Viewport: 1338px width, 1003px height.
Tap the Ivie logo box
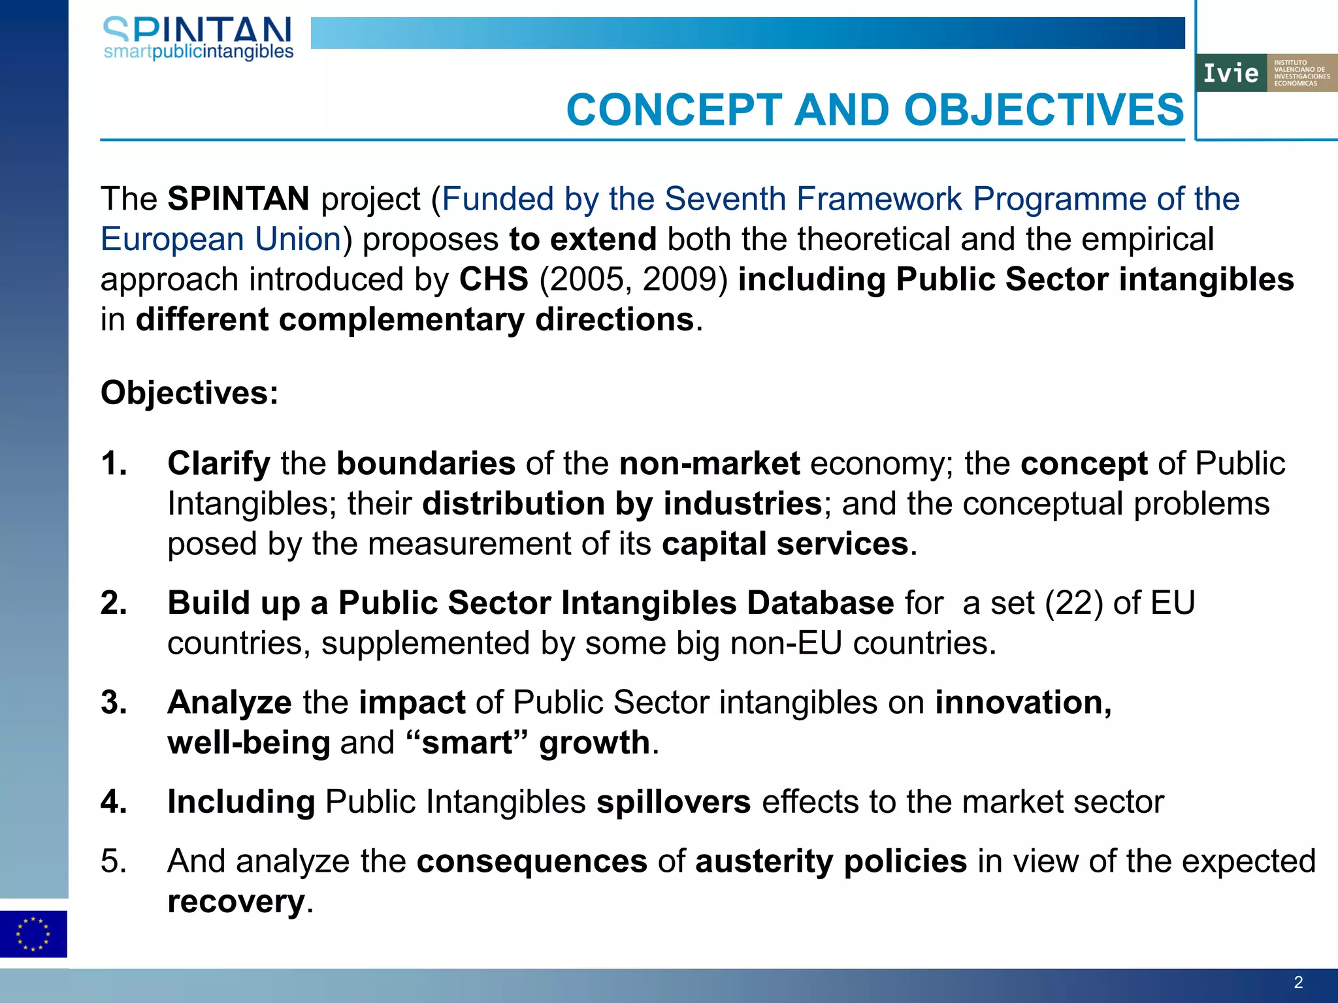pyautogui.click(x=1265, y=73)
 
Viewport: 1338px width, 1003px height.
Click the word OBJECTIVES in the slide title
pyautogui.click(x=1043, y=110)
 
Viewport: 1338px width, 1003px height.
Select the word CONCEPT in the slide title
pyautogui.click(x=674, y=110)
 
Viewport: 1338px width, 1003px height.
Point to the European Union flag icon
pyautogui.click(x=33, y=934)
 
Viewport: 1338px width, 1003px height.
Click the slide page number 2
pyautogui.click(x=1298, y=982)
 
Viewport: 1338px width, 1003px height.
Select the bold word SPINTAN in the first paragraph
pyautogui.click(x=238, y=199)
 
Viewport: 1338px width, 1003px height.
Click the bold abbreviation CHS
pyautogui.click(x=493, y=279)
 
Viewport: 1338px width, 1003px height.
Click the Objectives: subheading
pyautogui.click(x=189, y=393)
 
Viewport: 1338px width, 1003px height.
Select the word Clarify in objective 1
pyautogui.click(x=219, y=464)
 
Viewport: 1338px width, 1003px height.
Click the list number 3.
pyautogui.click(x=114, y=703)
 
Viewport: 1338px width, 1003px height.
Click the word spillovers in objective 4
pyautogui.click(x=673, y=802)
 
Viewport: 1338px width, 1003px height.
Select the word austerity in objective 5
pyautogui.click(x=763, y=861)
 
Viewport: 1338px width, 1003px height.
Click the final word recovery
pyautogui.click(x=236, y=902)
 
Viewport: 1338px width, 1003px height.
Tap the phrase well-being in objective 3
pyautogui.click(x=248, y=743)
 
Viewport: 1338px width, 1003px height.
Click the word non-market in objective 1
pyautogui.click(x=709, y=464)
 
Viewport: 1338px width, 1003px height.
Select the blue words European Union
pyautogui.click(x=221, y=239)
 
